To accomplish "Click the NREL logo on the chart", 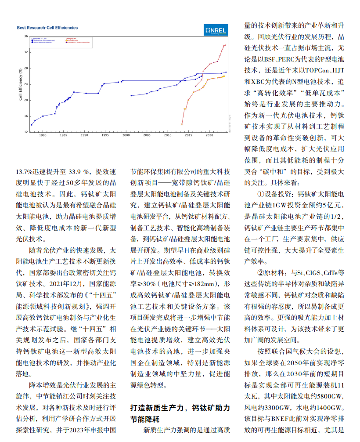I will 216,30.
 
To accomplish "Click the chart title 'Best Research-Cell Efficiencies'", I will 47,28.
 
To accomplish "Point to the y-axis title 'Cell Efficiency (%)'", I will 21,84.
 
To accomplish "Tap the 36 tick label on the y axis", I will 26,36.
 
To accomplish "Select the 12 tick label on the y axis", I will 26,132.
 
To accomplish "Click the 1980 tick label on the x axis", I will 43,135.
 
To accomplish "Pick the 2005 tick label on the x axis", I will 147,135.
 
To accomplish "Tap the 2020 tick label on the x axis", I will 209,135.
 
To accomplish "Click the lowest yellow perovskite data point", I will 182,124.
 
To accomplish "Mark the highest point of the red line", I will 225,45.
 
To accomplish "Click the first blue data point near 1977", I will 31,125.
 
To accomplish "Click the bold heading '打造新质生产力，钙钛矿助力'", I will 180,408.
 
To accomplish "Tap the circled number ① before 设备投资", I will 260,194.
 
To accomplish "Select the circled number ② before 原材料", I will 260,272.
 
